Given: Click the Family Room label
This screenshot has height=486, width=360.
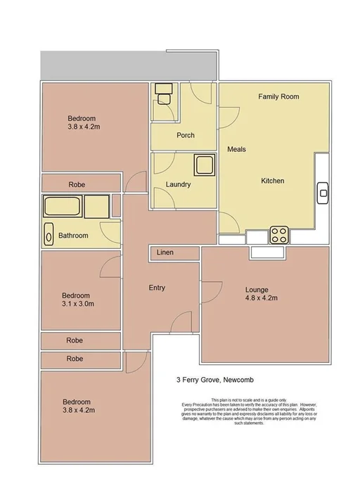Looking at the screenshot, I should (279, 96).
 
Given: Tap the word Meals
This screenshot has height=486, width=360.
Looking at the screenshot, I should (236, 150).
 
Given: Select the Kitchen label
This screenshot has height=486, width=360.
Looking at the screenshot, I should (272, 181).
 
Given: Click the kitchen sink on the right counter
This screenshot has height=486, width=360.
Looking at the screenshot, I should (323, 191).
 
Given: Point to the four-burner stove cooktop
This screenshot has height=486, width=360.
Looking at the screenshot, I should (279, 234).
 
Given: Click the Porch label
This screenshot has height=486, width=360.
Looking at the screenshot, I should (186, 135).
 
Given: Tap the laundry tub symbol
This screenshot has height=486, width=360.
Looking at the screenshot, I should (205, 165).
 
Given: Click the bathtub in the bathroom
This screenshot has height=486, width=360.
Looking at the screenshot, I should (63, 207).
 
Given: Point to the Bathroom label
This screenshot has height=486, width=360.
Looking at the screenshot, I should (73, 236).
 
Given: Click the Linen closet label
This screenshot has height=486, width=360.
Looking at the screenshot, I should (165, 252).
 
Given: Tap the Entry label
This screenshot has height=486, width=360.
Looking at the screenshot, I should (157, 288).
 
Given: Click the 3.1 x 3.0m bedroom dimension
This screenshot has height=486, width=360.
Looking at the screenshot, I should (77, 305).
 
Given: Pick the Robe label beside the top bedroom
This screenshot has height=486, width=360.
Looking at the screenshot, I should (77, 184).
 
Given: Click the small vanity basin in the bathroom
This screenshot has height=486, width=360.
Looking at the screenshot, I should (49, 234).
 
